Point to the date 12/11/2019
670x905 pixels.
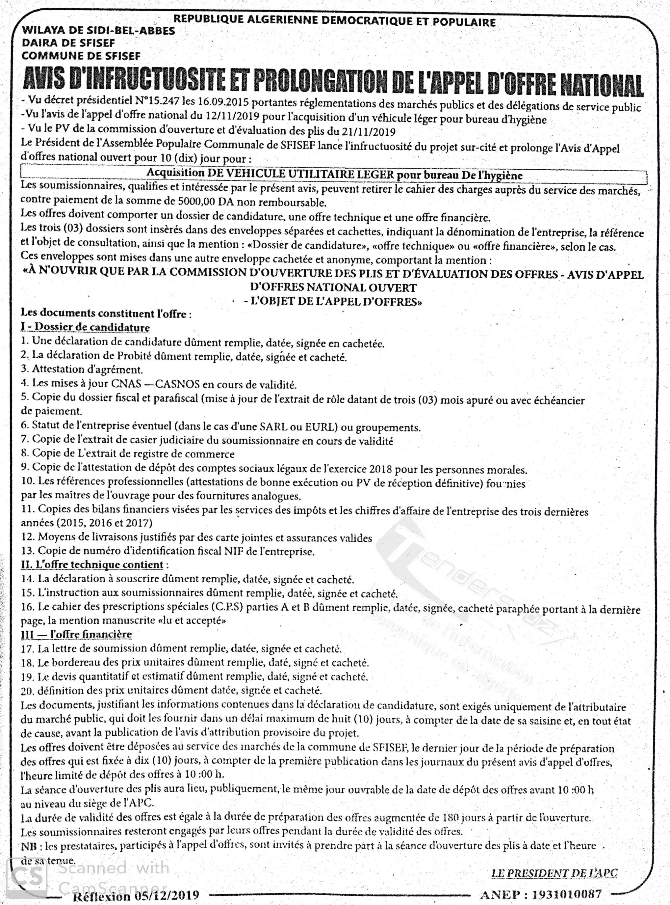tap(224, 116)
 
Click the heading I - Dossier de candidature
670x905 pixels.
tap(85, 327)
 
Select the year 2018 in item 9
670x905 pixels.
tap(380, 470)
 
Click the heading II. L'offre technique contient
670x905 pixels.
tap(92, 564)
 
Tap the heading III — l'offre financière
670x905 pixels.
tap(76, 634)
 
